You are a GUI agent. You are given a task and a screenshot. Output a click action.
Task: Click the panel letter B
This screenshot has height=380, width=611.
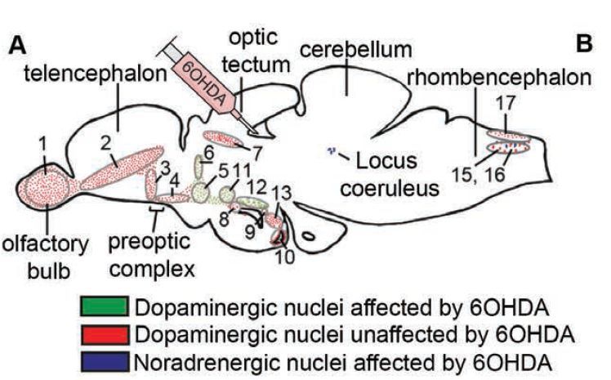(584, 42)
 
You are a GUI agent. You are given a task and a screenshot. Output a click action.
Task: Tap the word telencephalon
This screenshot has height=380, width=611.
(96, 74)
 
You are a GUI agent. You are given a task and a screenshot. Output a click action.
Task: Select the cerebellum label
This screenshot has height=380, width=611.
(356, 49)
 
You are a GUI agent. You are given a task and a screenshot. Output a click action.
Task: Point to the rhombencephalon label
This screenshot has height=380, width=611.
(499, 77)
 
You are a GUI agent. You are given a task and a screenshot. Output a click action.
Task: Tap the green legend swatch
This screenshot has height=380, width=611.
(105, 306)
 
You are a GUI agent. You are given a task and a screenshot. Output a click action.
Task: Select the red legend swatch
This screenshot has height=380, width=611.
(105, 334)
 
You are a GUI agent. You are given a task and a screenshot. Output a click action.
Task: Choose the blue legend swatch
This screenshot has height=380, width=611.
(105, 362)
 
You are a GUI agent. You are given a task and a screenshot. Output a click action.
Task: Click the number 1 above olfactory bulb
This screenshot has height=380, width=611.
(42, 144)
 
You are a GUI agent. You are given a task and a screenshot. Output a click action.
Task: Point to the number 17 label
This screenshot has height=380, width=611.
(506, 103)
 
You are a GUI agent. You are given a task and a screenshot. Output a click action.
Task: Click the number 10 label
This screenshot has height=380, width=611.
(285, 257)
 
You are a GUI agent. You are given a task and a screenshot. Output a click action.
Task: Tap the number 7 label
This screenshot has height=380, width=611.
(256, 153)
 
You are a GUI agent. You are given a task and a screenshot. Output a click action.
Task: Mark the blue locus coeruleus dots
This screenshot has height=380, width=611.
(332, 150)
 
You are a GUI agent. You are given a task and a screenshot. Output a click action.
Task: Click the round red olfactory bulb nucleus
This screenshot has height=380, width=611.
(47, 188)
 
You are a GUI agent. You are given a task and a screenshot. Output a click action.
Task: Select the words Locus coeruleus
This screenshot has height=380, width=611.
(387, 174)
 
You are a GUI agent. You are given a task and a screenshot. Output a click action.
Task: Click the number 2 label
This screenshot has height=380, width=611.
(105, 144)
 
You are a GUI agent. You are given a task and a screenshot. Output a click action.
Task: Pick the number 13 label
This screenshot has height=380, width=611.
(281, 193)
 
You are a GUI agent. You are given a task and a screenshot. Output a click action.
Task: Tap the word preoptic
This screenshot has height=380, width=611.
(149, 243)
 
